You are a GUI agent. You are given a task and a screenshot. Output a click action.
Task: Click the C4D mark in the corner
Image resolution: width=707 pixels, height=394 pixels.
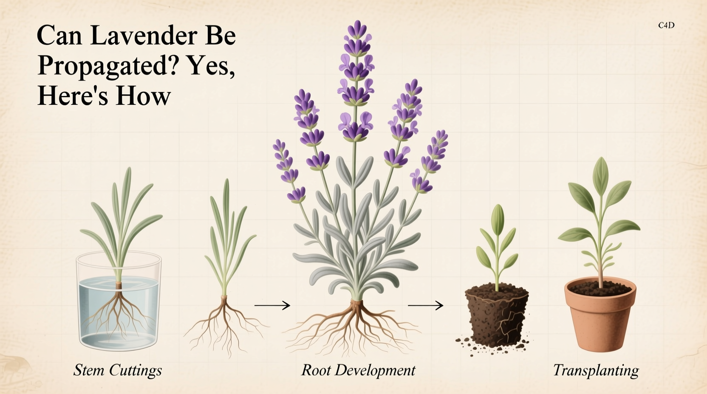click(x=666, y=25)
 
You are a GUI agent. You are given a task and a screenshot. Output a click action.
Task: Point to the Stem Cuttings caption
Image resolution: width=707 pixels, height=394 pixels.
click(x=118, y=370)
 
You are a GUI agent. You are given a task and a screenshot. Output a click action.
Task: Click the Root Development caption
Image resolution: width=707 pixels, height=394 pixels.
click(x=358, y=370)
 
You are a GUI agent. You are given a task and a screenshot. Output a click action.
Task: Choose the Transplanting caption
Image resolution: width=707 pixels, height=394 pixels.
click(x=596, y=370)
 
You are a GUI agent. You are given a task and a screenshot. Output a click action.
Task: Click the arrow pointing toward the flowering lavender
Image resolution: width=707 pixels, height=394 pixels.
click(x=272, y=305)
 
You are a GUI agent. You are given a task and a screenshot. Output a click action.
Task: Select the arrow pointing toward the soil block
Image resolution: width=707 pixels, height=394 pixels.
click(x=425, y=305)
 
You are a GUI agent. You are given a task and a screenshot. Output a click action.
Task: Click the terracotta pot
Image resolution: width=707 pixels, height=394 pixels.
click(x=600, y=318)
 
